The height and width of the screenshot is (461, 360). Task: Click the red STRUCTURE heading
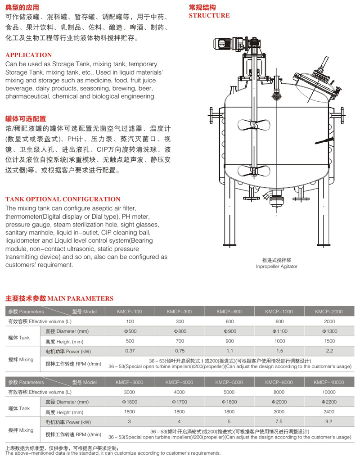click(209, 16)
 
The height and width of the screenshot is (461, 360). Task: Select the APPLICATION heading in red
click(28, 55)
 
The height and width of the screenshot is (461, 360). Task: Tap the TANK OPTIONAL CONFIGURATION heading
click(63, 199)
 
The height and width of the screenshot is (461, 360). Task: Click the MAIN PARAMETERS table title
click(59, 298)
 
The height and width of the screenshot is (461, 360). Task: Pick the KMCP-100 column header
click(130, 312)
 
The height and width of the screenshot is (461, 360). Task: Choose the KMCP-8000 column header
click(279, 382)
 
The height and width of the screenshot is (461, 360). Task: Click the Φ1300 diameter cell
click(329, 331)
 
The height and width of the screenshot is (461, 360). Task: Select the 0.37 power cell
click(130, 350)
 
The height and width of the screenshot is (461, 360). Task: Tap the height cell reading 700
click(180, 341)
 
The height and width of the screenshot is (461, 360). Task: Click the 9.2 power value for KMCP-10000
click(328, 421)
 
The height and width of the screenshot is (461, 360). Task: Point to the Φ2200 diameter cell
click(328, 402)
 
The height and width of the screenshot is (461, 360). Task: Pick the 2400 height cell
click(328, 411)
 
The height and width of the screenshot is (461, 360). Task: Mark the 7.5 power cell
click(279, 421)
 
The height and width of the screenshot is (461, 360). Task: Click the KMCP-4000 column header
click(179, 382)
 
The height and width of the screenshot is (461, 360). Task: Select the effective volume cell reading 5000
click(229, 392)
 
